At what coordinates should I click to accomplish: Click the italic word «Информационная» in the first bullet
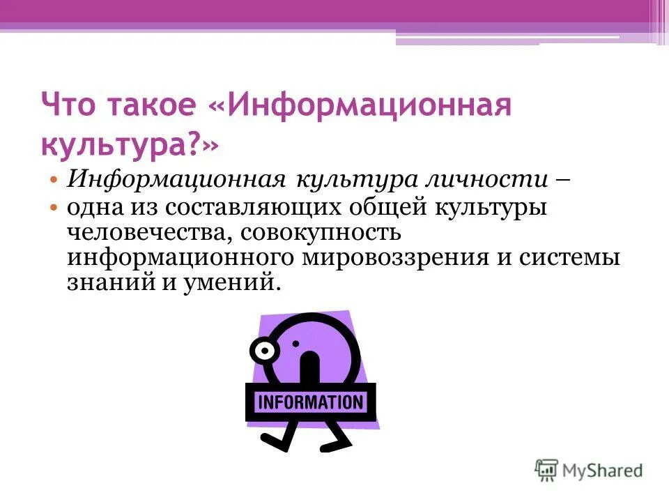(x=174, y=178)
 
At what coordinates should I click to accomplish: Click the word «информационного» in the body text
(x=180, y=257)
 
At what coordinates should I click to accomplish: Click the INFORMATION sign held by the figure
(x=310, y=402)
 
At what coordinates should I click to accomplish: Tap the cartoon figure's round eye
(x=266, y=351)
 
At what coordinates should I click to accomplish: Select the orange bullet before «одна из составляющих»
(x=54, y=208)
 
